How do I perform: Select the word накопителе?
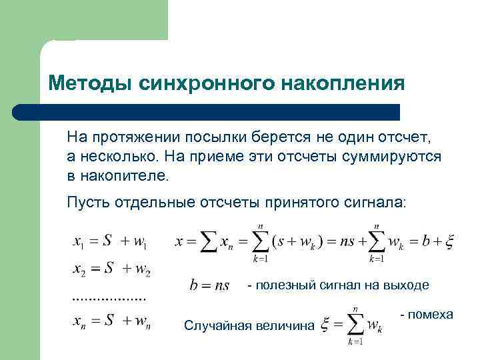coord(124,177)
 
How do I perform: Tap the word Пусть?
coord(89,203)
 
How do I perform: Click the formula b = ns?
coord(210,286)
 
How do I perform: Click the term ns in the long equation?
coord(347,242)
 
